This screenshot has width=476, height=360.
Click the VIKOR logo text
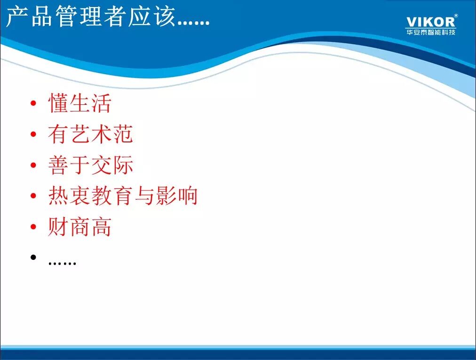click(430, 22)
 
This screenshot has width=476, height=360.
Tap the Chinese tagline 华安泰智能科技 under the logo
click(430, 32)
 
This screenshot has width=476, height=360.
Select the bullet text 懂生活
click(79, 103)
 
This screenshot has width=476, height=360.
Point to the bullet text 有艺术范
click(90, 134)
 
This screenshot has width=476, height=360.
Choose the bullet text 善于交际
click(90, 165)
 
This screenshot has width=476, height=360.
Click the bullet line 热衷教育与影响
click(122, 196)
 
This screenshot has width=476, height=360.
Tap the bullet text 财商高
click(79, 227)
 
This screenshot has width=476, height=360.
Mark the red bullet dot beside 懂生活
click(33, 104)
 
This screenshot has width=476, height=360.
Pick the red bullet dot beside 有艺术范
click(33, 135)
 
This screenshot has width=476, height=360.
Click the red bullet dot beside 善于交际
click(33, 165)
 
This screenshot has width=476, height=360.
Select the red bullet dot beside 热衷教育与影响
click(33, 196)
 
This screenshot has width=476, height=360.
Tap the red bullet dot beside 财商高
click(33, 227)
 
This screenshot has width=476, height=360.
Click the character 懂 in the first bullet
click(58, 103)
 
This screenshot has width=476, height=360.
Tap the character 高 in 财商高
click(101, 227)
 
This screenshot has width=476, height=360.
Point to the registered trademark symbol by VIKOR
click(455, 16)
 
